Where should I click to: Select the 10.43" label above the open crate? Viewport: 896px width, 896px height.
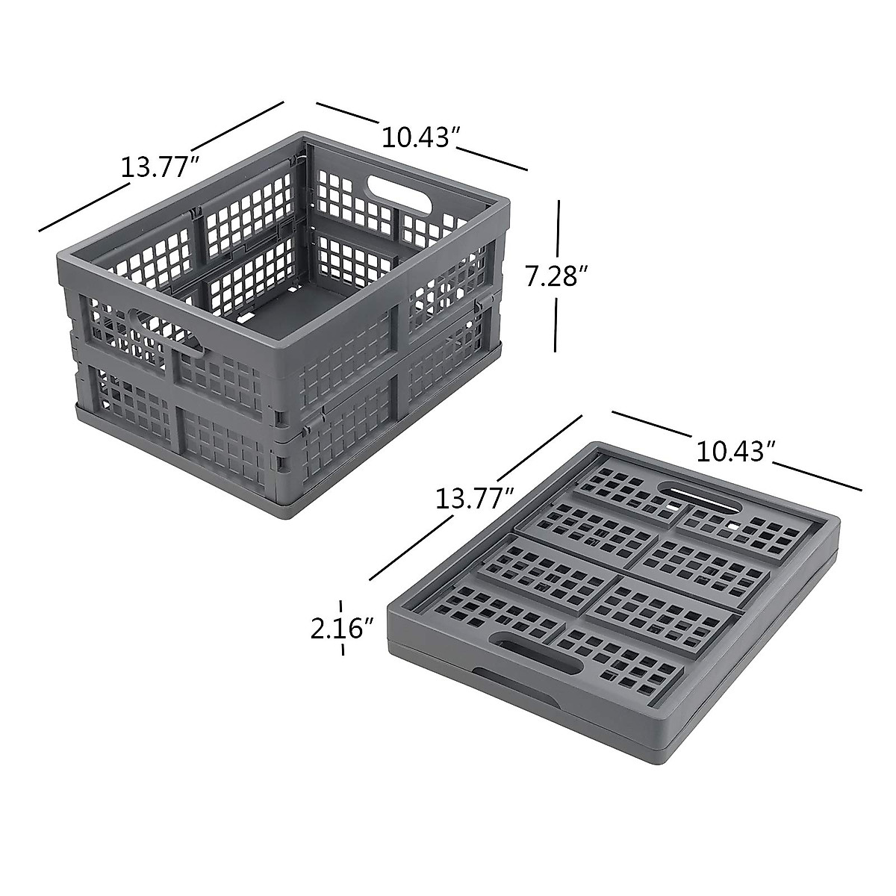(x=420, y=137)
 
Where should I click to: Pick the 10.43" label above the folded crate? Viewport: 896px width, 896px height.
(x=734, y=451)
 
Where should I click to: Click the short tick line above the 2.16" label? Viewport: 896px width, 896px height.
(x=342, y=606)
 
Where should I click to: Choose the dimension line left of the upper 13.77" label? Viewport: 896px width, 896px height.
(x=78, y=209)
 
